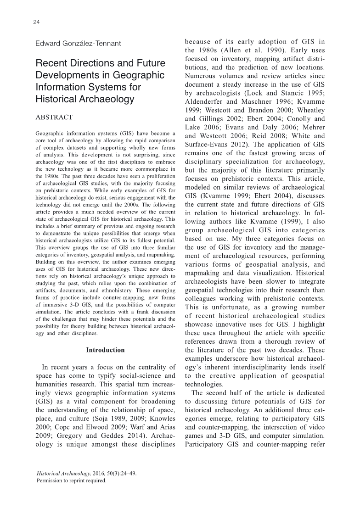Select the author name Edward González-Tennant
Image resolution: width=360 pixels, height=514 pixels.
pos(78,44)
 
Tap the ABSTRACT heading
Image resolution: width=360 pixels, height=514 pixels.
pos(54,117)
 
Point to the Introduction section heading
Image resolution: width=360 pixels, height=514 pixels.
pos(105,350)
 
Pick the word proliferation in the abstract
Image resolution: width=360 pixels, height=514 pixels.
pos(158,178)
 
